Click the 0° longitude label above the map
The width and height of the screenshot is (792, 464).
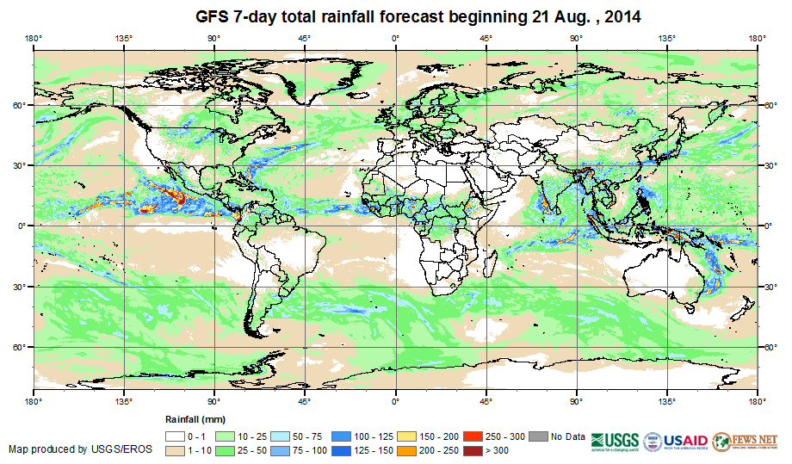click(395, 38)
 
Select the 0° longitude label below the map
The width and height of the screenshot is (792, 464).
click(395, 401)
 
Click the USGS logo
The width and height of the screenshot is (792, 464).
click(615, 441)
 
